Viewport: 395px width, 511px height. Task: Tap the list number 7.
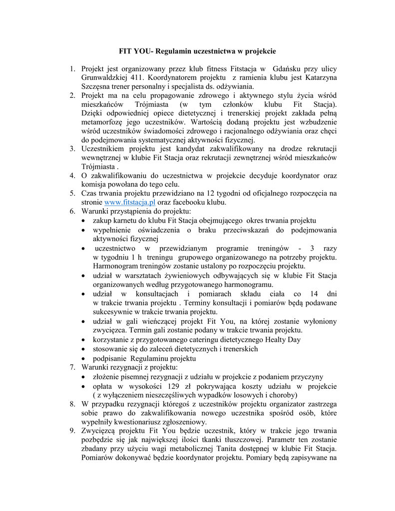pos(73,368)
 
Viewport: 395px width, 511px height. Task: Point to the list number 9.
pos(73,431)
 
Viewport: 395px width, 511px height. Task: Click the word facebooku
pos(193,203)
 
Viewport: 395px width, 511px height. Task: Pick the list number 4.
pos(73,176)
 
